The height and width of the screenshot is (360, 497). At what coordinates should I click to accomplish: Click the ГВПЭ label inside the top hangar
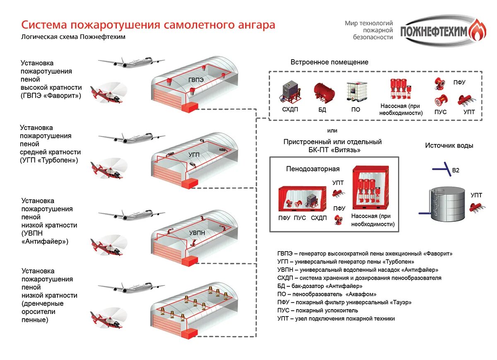click(x=196, y=80)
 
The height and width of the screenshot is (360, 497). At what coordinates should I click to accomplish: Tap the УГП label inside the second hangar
click(x=194, y=154)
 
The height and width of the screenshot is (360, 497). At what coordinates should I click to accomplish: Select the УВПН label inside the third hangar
click(x=197, y=233)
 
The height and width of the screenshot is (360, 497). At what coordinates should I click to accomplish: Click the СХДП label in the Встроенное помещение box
click(x=290, y=110)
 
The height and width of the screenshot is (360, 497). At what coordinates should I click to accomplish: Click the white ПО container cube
click(x=355, y=91)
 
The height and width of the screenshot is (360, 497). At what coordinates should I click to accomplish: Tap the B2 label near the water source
click(x=456, y=170)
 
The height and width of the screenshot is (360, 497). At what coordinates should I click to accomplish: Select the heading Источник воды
click(x=449, y=146)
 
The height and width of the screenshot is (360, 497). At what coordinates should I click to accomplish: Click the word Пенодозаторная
click(x=313, y=169)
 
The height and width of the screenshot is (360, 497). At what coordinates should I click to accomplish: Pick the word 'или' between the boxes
click(x=332, y=130)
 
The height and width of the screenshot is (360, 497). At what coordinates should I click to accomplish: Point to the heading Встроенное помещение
click(x=329, y=62)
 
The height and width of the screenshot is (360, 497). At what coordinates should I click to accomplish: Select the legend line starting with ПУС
click(x=318, y=310)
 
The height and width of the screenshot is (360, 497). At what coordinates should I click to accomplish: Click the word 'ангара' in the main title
click(x=254, y=25)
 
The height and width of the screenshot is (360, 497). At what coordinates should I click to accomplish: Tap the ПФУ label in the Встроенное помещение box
click(x=459, y=82)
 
